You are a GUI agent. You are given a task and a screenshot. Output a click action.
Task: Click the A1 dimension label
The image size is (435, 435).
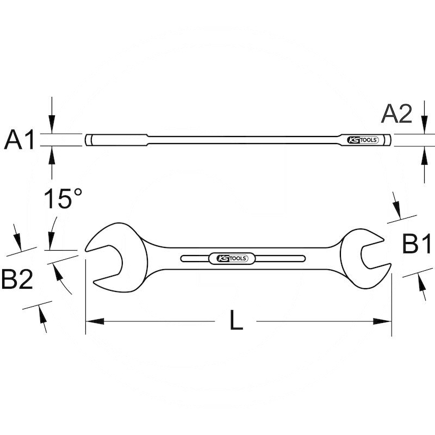pos(20,140)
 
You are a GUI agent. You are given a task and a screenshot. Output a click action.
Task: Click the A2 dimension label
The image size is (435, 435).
pos(396,114)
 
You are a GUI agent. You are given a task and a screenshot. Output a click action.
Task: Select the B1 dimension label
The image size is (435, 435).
pos(416,244)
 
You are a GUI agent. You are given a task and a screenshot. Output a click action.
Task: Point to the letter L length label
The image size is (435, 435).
pos(235,321)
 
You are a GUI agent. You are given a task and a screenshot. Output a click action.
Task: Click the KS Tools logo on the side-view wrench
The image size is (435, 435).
pos(362,140)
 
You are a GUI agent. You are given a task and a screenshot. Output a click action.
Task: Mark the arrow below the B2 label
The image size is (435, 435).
pos(42,318)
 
